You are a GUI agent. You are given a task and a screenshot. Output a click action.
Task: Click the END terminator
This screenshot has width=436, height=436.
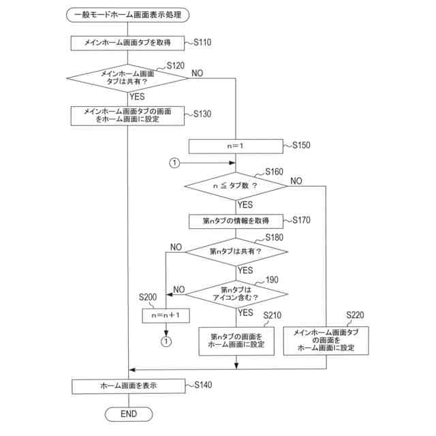[129, 414]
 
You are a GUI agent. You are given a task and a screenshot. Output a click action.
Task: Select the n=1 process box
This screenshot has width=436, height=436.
[236, 146]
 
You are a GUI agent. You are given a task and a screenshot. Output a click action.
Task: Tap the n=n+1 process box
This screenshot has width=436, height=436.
[166, 315]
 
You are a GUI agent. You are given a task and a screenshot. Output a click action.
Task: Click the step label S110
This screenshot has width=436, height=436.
[202, 42]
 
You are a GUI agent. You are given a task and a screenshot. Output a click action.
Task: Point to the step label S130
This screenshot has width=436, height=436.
[202, 114]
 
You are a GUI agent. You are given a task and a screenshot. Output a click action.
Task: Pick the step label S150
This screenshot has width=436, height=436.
[301, 145]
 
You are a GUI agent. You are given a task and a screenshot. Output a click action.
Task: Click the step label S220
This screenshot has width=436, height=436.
[355, 315]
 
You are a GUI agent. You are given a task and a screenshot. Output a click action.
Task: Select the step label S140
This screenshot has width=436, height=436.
[203, 385]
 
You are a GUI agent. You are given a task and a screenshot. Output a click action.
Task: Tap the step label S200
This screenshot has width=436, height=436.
[148, 297]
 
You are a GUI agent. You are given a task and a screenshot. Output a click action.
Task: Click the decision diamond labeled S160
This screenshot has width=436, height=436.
[236, 186]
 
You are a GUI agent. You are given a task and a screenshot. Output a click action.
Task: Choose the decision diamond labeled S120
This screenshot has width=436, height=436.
[127, 78]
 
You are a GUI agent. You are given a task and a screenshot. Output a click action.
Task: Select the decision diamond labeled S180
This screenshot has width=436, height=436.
[236, 251]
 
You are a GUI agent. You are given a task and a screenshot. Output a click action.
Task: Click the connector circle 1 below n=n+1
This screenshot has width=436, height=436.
[166, 341]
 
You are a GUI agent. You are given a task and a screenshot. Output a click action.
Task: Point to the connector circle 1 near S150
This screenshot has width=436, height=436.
[174, 163]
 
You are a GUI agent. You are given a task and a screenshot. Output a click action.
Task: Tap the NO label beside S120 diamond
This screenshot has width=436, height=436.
[197, 74]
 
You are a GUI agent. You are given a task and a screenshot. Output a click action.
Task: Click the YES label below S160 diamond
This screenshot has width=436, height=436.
[245, 205]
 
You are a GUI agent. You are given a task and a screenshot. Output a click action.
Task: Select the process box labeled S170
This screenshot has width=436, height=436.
[236, 221]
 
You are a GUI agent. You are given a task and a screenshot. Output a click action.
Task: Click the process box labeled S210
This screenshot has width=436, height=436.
[236, 341]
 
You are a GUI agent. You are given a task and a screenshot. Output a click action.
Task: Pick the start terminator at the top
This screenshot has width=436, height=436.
[127, 15]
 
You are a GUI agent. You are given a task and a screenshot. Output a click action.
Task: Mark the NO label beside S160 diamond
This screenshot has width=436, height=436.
[296, 181]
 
